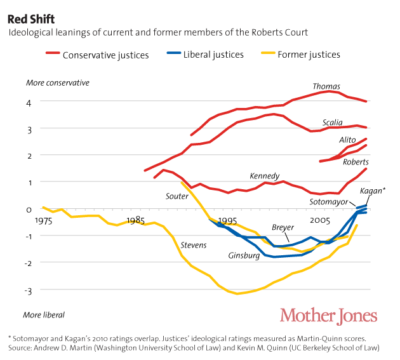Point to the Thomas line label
click(326, 87)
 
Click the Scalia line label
click(332, 123)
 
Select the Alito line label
click(347, 140)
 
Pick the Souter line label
click(177, 196)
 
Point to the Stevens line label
click(193, 244)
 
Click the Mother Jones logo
click(328, 316)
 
